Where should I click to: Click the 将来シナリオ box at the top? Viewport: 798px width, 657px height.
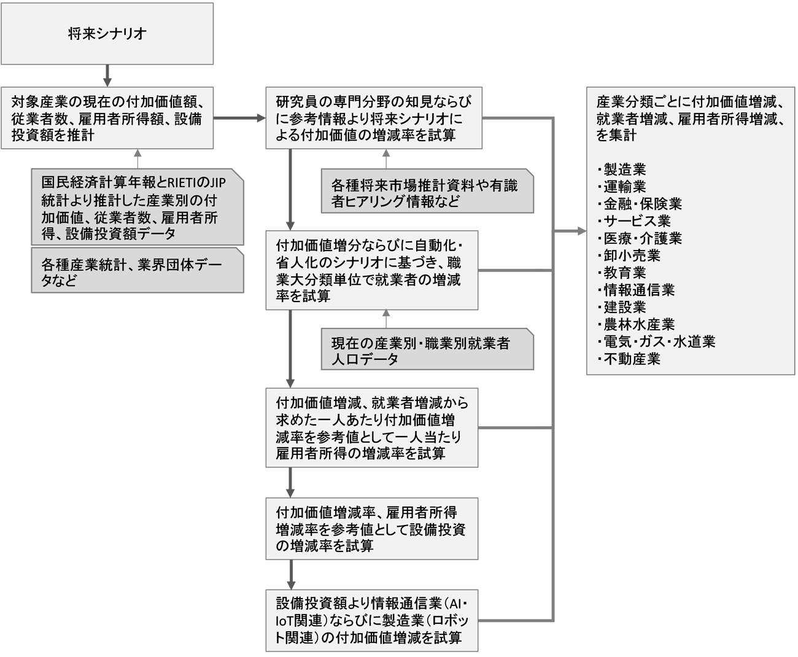coord(107,34)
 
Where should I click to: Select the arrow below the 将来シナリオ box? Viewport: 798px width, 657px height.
coord(107,75)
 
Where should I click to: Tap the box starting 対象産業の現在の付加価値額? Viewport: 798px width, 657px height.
coord(107,117)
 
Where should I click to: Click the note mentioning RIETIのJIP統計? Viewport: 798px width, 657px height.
coord(137,208)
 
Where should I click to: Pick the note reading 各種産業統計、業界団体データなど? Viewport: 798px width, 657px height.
coord(137,272)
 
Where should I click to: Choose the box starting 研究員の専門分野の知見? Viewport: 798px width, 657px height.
coord(373,117)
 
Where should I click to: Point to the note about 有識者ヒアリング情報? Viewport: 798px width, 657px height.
coord(426,192)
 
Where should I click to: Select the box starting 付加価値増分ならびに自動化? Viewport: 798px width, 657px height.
coord(371,270)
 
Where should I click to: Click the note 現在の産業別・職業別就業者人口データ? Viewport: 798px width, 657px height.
coord(426,351)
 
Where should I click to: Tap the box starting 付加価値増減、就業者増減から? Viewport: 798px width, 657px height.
coord(371,428)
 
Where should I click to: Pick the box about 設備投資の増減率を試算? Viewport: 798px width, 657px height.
coord(371,529)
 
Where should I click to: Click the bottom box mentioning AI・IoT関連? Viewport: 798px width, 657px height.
coord(371,620)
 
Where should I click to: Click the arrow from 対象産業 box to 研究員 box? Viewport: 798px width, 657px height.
coord(239,117)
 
